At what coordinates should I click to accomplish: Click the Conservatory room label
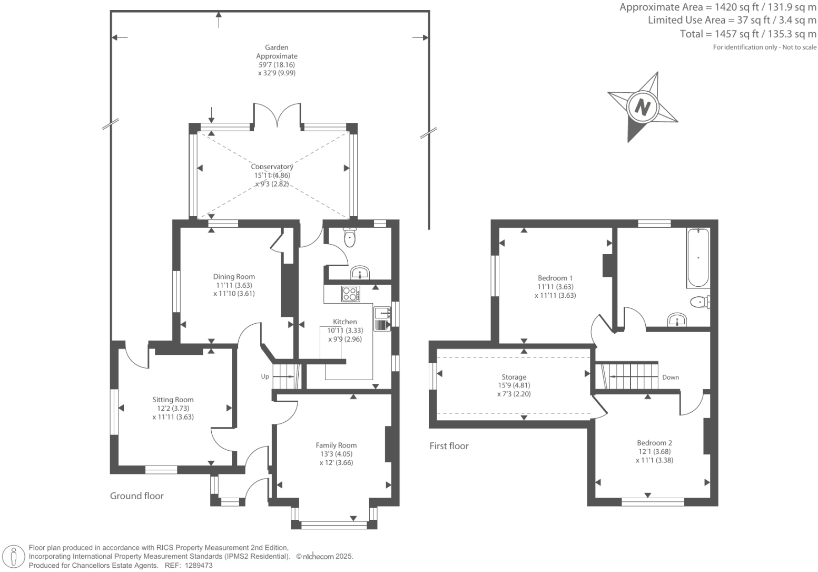272,167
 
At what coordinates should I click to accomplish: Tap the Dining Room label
234,277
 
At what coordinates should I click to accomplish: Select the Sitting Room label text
173,400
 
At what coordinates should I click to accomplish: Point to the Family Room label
336,445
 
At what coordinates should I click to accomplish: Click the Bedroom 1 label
555,278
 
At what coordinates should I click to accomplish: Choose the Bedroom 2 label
654,443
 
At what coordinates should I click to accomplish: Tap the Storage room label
514,377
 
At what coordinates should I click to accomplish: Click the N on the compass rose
642,107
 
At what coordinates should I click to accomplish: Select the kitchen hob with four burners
350,293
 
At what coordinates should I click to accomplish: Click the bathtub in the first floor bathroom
697,258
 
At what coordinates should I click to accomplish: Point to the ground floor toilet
350,238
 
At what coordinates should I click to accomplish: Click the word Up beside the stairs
265,376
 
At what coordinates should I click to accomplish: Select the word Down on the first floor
671,377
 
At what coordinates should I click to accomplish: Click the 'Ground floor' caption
136,496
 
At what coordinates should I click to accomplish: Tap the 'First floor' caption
449,446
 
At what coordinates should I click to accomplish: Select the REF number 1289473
197,565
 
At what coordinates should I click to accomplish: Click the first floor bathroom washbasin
677,320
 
